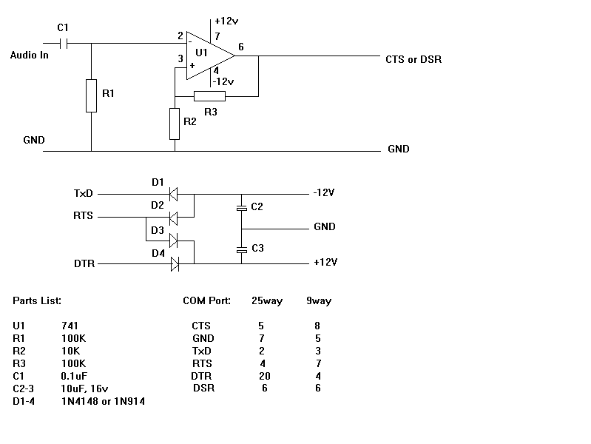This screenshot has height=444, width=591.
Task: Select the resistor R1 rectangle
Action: (91, 95)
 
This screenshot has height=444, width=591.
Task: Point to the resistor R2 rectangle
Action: (175, 124)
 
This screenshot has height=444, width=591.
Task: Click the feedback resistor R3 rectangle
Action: (209, 95)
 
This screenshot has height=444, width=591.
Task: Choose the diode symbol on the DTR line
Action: (175, 263)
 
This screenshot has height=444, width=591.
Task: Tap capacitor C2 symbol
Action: (240, 208)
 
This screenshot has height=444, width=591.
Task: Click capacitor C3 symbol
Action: (240, 249)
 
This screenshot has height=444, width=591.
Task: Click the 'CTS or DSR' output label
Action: (413, 59)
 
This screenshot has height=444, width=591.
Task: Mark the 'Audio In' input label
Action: (30, 55)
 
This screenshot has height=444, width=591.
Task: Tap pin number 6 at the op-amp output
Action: (240, 47)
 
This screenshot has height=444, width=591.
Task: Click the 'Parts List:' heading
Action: (37, 301)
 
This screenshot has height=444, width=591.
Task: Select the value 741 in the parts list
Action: (71, 325)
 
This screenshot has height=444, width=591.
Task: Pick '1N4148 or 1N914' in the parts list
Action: (107, 400)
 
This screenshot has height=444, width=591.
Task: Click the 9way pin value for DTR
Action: (318, 375)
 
